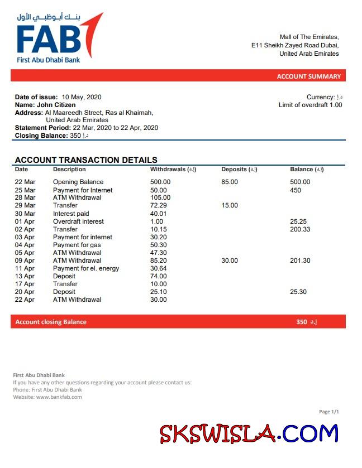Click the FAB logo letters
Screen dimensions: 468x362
point(49,40)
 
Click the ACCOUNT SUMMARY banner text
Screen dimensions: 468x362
point(308,76)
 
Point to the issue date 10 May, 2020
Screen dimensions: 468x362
point(82,97)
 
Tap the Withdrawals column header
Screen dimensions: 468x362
point(173,169)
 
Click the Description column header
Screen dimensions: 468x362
point(69,169)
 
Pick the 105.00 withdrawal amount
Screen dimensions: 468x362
point(160,197)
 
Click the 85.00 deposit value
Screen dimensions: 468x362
point(229,182)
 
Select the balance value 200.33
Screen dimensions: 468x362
point(300,229)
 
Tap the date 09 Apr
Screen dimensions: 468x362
point(25,260)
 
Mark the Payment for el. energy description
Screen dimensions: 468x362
point(86,268)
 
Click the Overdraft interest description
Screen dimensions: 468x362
point(78,221)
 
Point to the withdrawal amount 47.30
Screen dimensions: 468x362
point(159,253)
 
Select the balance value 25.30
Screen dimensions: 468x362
point(298,292)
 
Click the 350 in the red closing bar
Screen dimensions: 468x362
point(302,322)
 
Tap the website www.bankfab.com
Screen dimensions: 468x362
point(59,397)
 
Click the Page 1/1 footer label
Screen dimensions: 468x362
point(329,412)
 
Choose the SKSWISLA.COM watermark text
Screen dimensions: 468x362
point(249,434)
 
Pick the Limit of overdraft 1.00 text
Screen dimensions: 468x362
point(310,105)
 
